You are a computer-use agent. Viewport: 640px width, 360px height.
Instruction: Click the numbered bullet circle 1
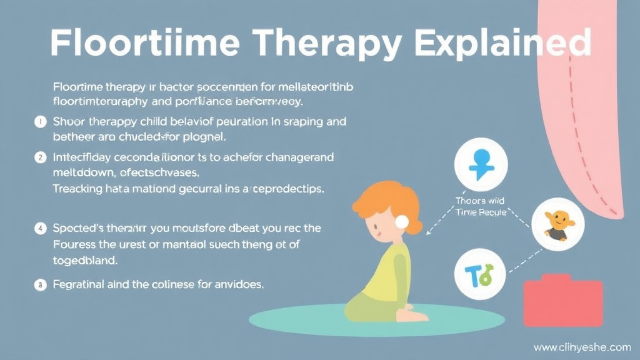coord(41,122)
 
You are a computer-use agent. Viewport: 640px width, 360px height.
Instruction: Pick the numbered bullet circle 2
coord(41,158)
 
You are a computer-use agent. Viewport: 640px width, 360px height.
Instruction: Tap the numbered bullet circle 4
coord(41,229)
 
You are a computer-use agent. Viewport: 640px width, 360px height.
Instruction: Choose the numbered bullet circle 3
coord(41,284)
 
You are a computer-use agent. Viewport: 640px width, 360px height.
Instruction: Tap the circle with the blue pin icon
coord(481,164)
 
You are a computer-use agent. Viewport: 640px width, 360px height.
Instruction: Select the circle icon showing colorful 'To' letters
coord(480,272)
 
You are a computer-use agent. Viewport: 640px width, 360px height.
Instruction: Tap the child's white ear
coord(401,221)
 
